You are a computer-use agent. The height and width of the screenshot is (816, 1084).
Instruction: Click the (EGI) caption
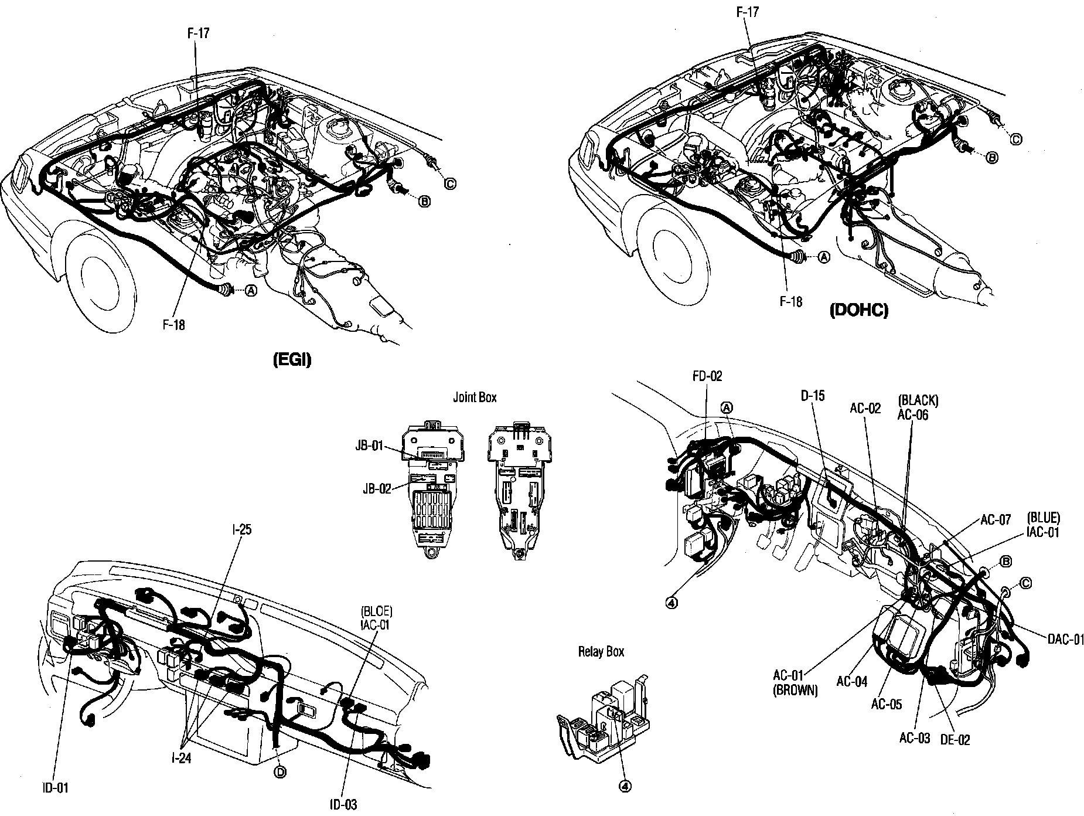(292, 360)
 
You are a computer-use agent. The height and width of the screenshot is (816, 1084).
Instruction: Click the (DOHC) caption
(858, 311)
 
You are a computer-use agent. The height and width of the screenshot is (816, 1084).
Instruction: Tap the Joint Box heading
(475, 397)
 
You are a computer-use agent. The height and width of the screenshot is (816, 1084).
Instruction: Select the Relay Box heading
(601, 651)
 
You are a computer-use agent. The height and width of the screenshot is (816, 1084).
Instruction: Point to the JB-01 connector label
(369, 446)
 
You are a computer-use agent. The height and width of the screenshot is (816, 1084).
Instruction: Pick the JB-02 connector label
(376, 488)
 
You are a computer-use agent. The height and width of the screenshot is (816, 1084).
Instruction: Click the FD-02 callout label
(707, 376)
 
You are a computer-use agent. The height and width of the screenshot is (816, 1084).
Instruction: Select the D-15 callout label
(813, 396)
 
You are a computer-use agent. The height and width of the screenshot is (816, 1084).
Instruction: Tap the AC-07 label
(996, 519)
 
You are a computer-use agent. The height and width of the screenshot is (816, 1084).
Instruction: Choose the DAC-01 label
(1065, 639)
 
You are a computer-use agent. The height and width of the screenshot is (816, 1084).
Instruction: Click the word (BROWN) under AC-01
(795, 690)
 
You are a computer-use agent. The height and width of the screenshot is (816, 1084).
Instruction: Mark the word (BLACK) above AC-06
(918, 401)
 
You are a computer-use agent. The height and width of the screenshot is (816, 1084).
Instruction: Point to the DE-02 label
(955, 740)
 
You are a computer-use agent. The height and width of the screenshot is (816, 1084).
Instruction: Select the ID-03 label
(342, 805)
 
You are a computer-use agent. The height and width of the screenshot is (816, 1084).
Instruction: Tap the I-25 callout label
(241, 529)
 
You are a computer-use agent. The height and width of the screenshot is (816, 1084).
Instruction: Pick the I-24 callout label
(181, 758)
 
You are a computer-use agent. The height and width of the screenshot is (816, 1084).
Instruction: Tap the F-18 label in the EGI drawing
(174, 324)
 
